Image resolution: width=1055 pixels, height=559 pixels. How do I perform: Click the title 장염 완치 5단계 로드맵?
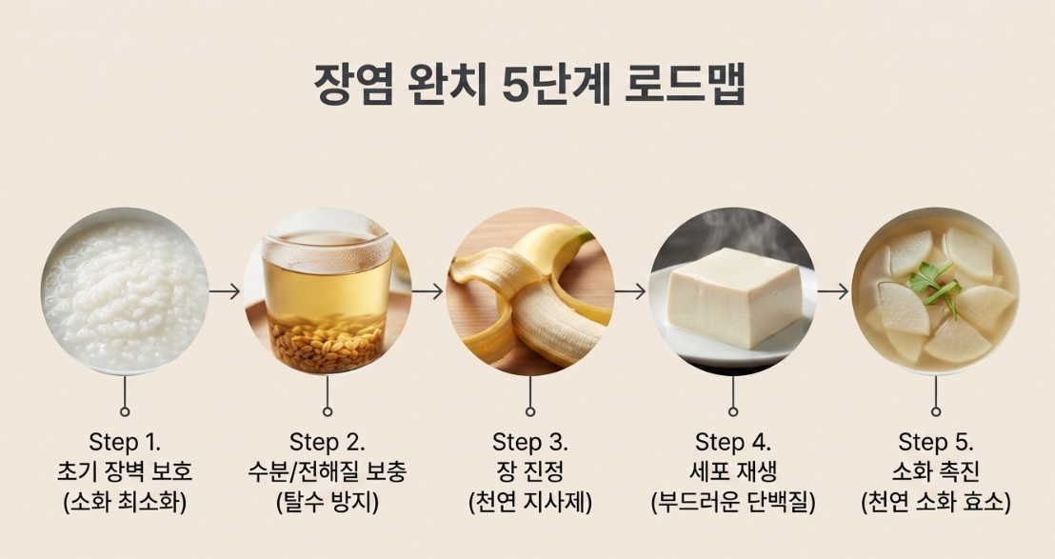(529, 86)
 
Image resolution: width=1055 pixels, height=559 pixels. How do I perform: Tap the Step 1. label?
(125, 443)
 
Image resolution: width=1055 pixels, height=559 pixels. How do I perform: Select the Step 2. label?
(327, 443)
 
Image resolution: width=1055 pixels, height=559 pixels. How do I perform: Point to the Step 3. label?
(530, 443)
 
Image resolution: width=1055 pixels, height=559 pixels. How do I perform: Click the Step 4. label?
(733, 443)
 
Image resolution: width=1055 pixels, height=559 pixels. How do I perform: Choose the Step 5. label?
(936, 443)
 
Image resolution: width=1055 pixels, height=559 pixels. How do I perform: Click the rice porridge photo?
(125, 290)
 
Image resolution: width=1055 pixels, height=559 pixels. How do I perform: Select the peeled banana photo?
(530, 290)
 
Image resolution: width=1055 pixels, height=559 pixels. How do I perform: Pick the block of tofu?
(735, 297)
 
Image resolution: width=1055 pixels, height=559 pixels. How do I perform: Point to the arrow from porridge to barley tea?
(225, 291)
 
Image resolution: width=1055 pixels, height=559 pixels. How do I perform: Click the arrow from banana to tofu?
(630, 291)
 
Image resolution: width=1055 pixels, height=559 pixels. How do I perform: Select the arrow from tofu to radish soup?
(834, 291)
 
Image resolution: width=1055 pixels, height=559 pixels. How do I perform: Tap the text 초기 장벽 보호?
(125, 471)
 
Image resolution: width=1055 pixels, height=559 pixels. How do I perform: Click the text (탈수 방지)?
(327, 502)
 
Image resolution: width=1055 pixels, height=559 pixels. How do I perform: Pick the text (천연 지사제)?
(530, 502)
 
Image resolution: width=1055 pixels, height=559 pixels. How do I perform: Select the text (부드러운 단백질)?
(733, 502)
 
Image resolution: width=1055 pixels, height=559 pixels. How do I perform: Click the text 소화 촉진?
(936, 471)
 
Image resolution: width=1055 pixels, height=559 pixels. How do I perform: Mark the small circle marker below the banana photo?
(530, 411)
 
